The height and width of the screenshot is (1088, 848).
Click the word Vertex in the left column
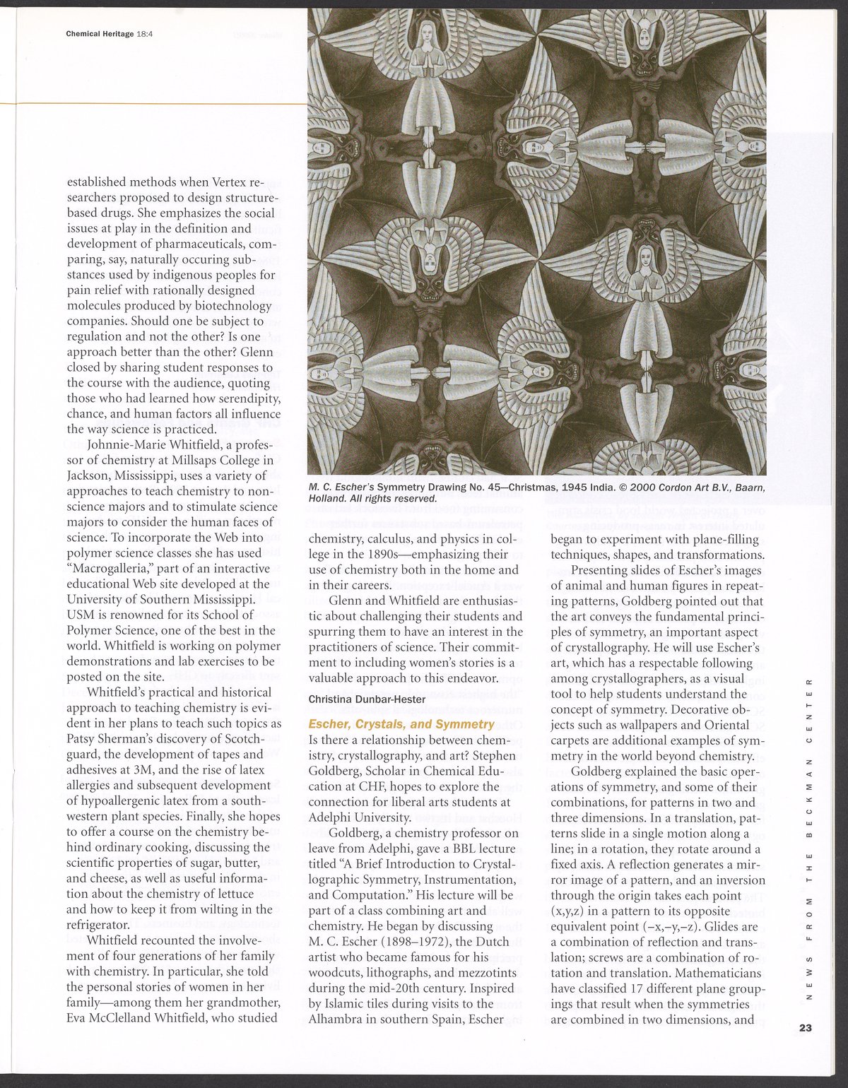(x=225, y=182)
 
